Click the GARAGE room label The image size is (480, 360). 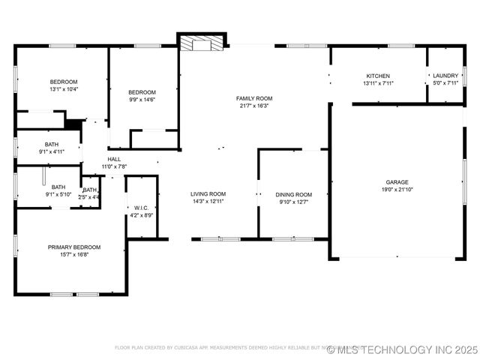pos(397,182)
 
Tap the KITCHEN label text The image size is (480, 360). pos(377,76)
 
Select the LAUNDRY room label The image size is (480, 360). pos(445,76)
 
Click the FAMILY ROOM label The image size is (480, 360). pos(254,98)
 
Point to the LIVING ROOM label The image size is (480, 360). pos(208,193)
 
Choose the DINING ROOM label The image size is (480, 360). pos(294,194)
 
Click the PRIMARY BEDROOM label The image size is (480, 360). pos(74,247)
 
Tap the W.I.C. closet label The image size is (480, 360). pos(142,208)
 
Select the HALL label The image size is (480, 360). pos(114,159)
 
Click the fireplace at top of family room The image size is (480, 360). pos(202,43)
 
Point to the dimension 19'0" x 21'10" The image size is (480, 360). pos(397,190)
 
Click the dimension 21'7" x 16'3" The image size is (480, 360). pos(254,106)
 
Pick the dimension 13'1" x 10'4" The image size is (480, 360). pos(64,89)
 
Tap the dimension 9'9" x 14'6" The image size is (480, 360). pos(142,99)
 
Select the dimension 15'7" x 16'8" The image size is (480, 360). pos(74,254)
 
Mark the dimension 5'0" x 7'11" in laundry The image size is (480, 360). pos(445,83)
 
